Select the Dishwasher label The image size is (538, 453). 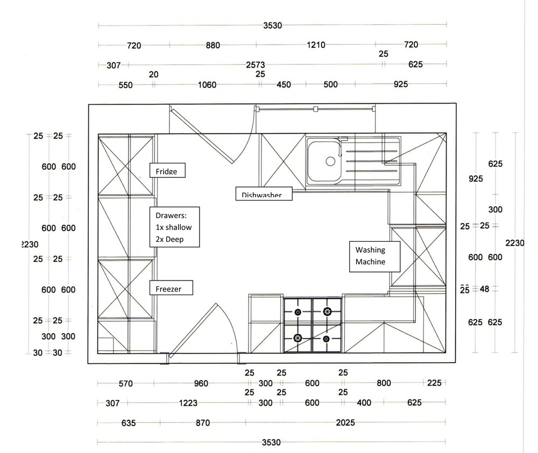click(263, 193)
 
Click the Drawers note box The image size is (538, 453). click(174, 227)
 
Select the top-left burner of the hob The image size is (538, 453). click(298, 311)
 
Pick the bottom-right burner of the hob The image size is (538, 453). click(327, 338)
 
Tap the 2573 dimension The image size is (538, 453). click(256, 64)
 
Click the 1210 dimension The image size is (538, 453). click(316, 45)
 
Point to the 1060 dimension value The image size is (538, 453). click(207, 84)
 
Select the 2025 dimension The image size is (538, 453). click(345, 423)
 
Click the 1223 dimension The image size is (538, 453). click(188, 403)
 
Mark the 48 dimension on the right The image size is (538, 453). click(484, 289)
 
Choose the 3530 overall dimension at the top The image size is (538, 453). click(273, 25)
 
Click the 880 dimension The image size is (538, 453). click(213, 45)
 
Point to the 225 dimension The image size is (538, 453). click(434, 383)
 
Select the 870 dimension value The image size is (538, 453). click(202, 423)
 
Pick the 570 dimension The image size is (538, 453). click(125, 384)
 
